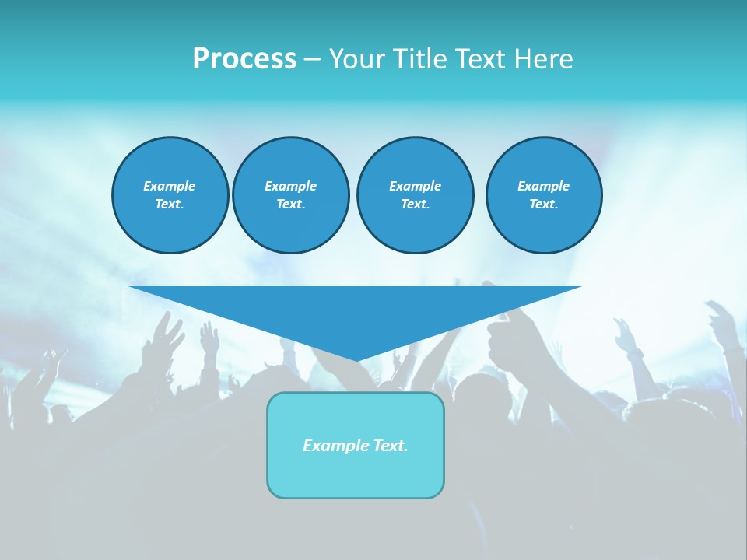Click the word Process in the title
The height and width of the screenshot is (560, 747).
tap(244, 59)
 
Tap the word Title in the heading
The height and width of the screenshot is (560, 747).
tap(419, 59)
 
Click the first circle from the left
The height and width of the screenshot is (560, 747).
tap(170, 195)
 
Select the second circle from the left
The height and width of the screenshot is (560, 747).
tap(290, 195)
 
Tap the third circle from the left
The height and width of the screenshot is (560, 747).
tap(415, 195)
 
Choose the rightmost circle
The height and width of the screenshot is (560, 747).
tap(543, 195)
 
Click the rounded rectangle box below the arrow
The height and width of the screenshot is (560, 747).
tap(356, 445)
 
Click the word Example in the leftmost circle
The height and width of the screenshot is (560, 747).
tap(170, 186)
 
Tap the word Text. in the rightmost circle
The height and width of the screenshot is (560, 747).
tap(543, 205)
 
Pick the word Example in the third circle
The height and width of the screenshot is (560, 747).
tap(415, 186)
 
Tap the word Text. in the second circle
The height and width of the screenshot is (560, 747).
tap(290, 205)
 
